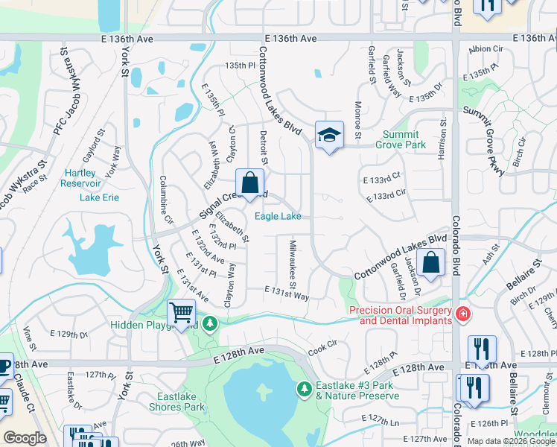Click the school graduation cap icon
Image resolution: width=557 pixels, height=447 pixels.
tap(329, 135)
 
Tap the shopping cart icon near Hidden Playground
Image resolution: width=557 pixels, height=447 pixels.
tap(181, 314)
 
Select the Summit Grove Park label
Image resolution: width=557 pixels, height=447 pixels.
tap(404, 139)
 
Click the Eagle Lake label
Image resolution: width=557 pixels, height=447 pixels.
tap(278, 216)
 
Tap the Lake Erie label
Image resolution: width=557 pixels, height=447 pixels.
tap(99, 197)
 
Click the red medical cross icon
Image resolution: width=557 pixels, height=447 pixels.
tap(463, 314)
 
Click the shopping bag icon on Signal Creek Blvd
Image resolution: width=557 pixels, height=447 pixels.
tap(250, 183)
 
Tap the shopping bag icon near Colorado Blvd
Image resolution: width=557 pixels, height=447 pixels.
tap(431, 262)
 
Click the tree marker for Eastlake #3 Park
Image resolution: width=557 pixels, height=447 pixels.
tap(304, 388)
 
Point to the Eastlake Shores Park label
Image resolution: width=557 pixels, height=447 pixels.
tap(181, 402)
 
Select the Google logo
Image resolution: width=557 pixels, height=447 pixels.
tap(25, 438)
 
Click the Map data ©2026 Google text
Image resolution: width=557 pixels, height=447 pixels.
tap(511, 441)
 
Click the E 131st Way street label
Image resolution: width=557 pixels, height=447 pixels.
tap(287, 295)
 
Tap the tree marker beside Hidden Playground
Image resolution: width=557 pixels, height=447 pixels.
tap(211, 323)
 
